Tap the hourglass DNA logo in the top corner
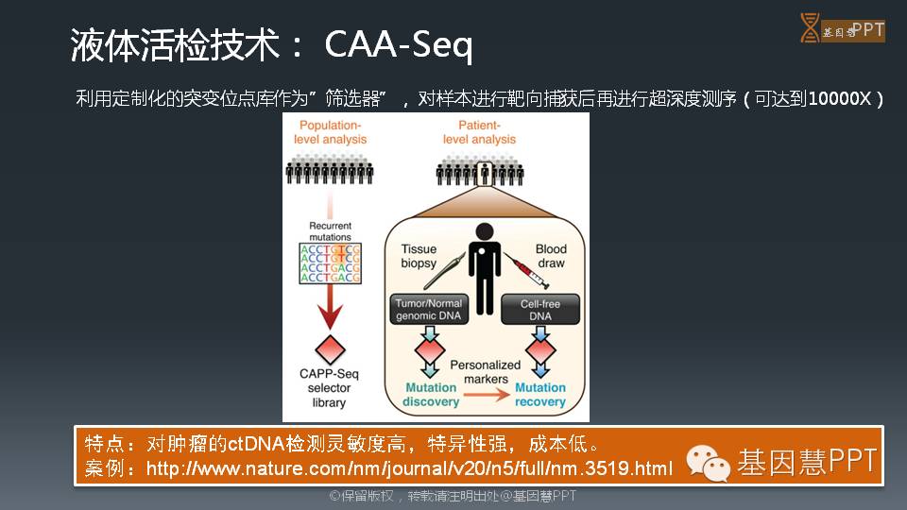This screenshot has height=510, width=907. click(x=809, y=28)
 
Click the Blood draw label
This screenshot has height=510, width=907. click(x=551, y=256)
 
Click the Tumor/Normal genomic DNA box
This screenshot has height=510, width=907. click(x=430, y=310)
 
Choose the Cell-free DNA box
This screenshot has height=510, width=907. click(x=541, y=310)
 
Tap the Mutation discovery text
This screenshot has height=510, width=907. click(x=430, y=395)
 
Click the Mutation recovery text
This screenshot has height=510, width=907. click(x=540, y=395)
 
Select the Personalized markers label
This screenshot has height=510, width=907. click(x=486, y=371)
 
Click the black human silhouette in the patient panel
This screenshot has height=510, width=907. click(x=485, y=269)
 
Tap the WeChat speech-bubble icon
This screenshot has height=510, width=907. click(x=708, y=462)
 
